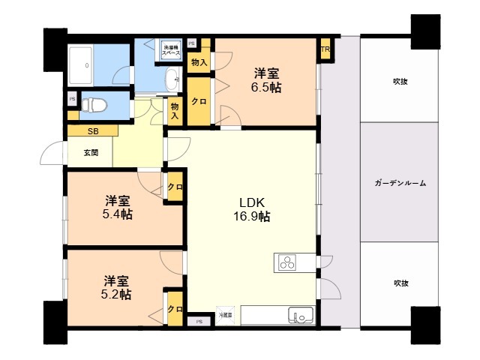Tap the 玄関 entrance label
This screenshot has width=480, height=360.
tap(90, 153)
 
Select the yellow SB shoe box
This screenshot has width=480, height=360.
tap(92, 131)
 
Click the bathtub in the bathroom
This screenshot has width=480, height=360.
tap(88, 67)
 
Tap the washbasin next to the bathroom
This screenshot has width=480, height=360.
tap(172, 76)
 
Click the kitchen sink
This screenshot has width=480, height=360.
tap(301, 315)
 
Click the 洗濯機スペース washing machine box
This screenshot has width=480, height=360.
tap(172, 50)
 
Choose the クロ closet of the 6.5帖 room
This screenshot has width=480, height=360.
tap(199, 103)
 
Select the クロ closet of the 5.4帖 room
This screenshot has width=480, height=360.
tap(175, 187)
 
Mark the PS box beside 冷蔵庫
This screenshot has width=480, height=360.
tap(199, 321)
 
